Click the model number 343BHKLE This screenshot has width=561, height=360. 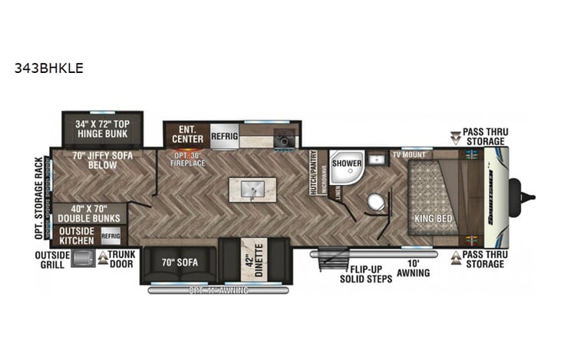tap(48, 68)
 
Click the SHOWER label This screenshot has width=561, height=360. tap(347, 163)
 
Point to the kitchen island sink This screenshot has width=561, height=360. tap(250, 189)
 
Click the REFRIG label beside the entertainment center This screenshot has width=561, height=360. tap(225, 136)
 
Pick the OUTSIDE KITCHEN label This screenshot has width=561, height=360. tap(77, 236)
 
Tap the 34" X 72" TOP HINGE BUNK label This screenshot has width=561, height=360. tap(102, 129)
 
